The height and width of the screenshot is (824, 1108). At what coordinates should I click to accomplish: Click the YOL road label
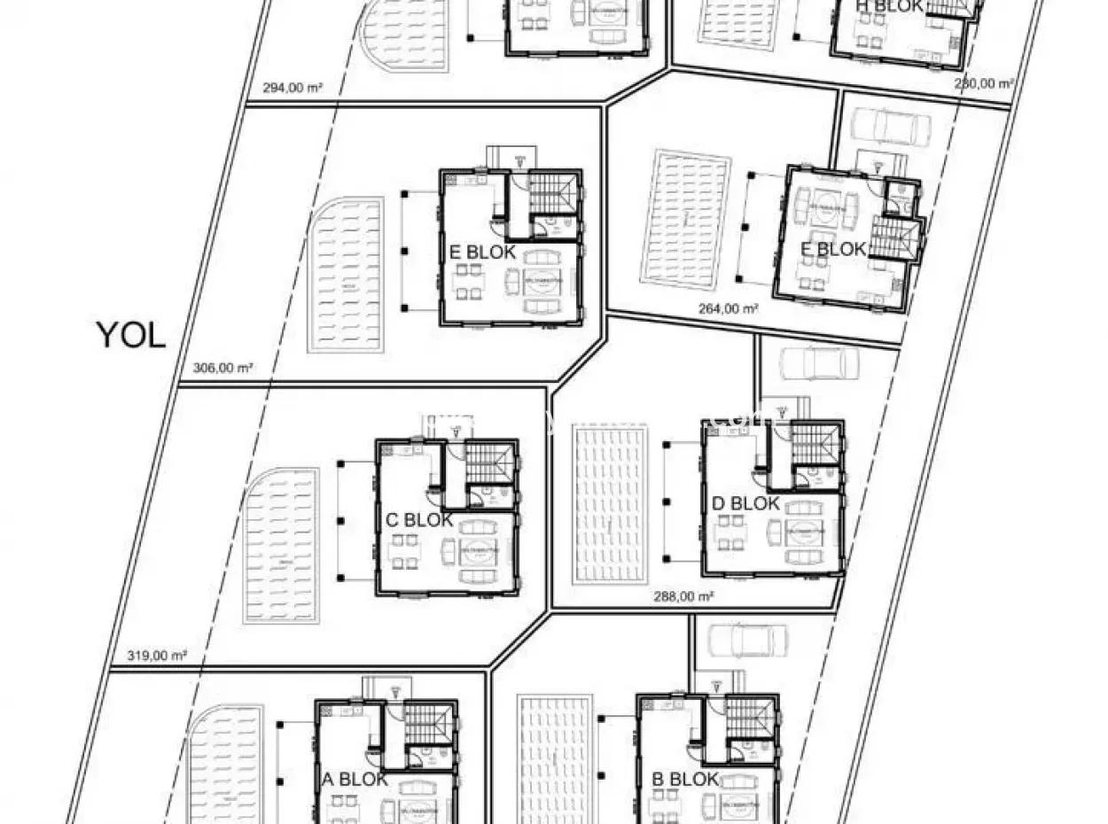point(130,335)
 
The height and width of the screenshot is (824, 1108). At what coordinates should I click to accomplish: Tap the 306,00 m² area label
point(217,368)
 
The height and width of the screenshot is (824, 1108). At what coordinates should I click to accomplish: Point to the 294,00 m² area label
point(292,88)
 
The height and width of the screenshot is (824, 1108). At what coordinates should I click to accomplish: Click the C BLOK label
point(419,520)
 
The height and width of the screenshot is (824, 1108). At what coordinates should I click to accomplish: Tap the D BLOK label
point(745,503)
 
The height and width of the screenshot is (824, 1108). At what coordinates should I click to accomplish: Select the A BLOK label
point(355,780)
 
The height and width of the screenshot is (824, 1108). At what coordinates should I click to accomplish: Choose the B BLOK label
point(685,780)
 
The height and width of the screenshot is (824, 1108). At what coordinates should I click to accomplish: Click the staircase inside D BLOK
point(814,444)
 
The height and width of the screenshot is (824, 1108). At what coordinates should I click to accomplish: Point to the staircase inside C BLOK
point(488,460)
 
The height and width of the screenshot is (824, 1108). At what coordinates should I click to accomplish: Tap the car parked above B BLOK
point(748,640)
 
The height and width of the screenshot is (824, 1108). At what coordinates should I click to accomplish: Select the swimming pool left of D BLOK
point(610,504)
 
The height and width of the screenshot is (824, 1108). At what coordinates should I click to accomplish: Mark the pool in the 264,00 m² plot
point(691,219)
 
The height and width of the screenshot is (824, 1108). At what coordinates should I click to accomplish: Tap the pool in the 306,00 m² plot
point(347,275)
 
